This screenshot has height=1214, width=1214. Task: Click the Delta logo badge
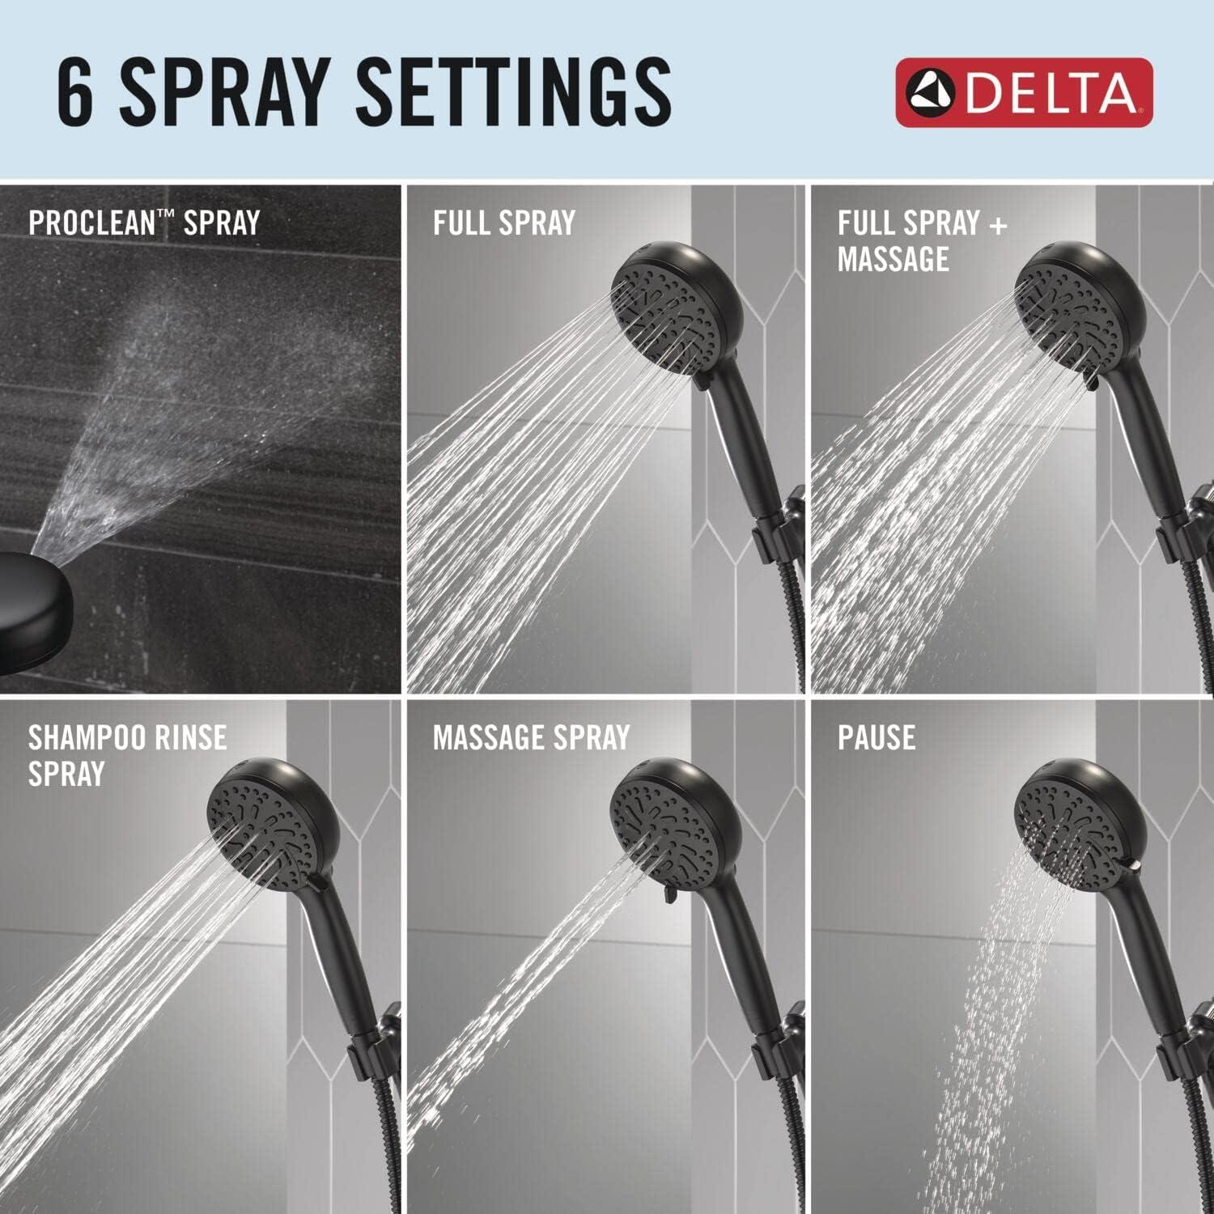click(x=1024, y=92)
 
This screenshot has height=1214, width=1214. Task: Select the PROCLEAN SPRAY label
click(x=144, y=223)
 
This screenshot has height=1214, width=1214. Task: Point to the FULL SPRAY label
click(x=503, y=223)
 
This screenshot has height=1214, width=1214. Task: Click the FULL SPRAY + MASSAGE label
click(x=921, y=240)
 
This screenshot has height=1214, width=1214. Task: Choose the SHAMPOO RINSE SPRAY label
click(x=127, y=754)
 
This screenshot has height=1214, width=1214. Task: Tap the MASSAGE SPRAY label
click(x=531, y=737)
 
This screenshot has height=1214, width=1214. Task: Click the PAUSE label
click(x=877, y=737)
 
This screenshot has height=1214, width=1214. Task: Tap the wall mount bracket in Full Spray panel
click(x=777, y=530)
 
